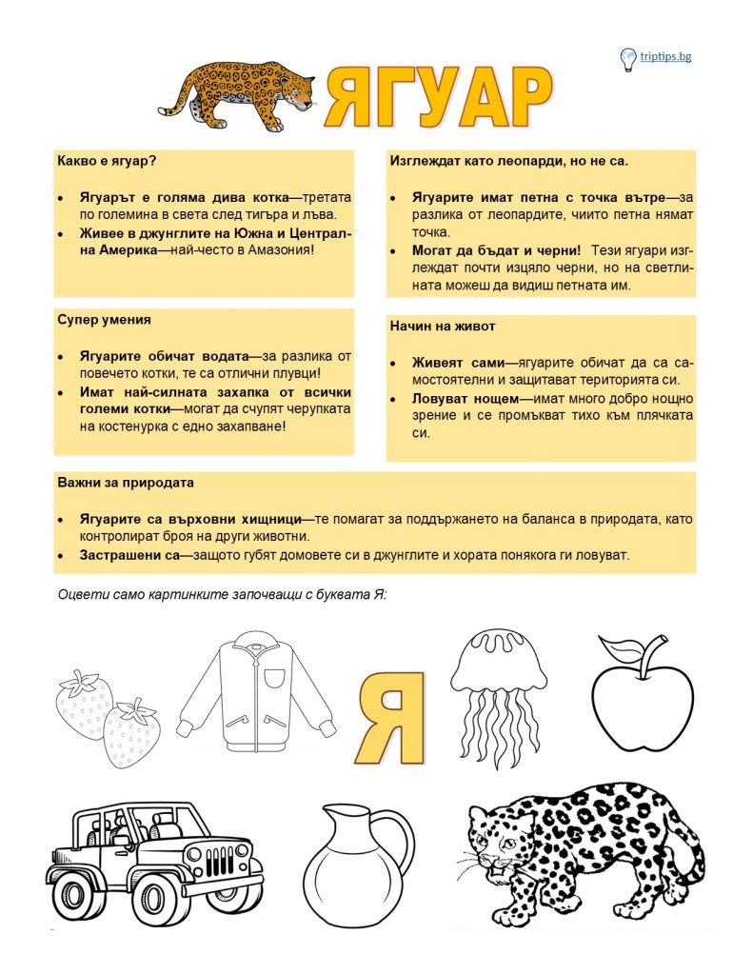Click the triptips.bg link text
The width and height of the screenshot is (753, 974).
coord(666,56)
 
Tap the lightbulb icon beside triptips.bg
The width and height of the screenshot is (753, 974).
coord(628,59)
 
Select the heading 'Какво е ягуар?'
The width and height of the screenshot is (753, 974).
coord(107,162)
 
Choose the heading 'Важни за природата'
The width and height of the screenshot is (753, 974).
coord(126,483)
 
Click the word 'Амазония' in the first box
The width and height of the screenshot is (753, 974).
coord(276,249)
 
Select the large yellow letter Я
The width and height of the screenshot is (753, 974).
coord(391,716)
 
